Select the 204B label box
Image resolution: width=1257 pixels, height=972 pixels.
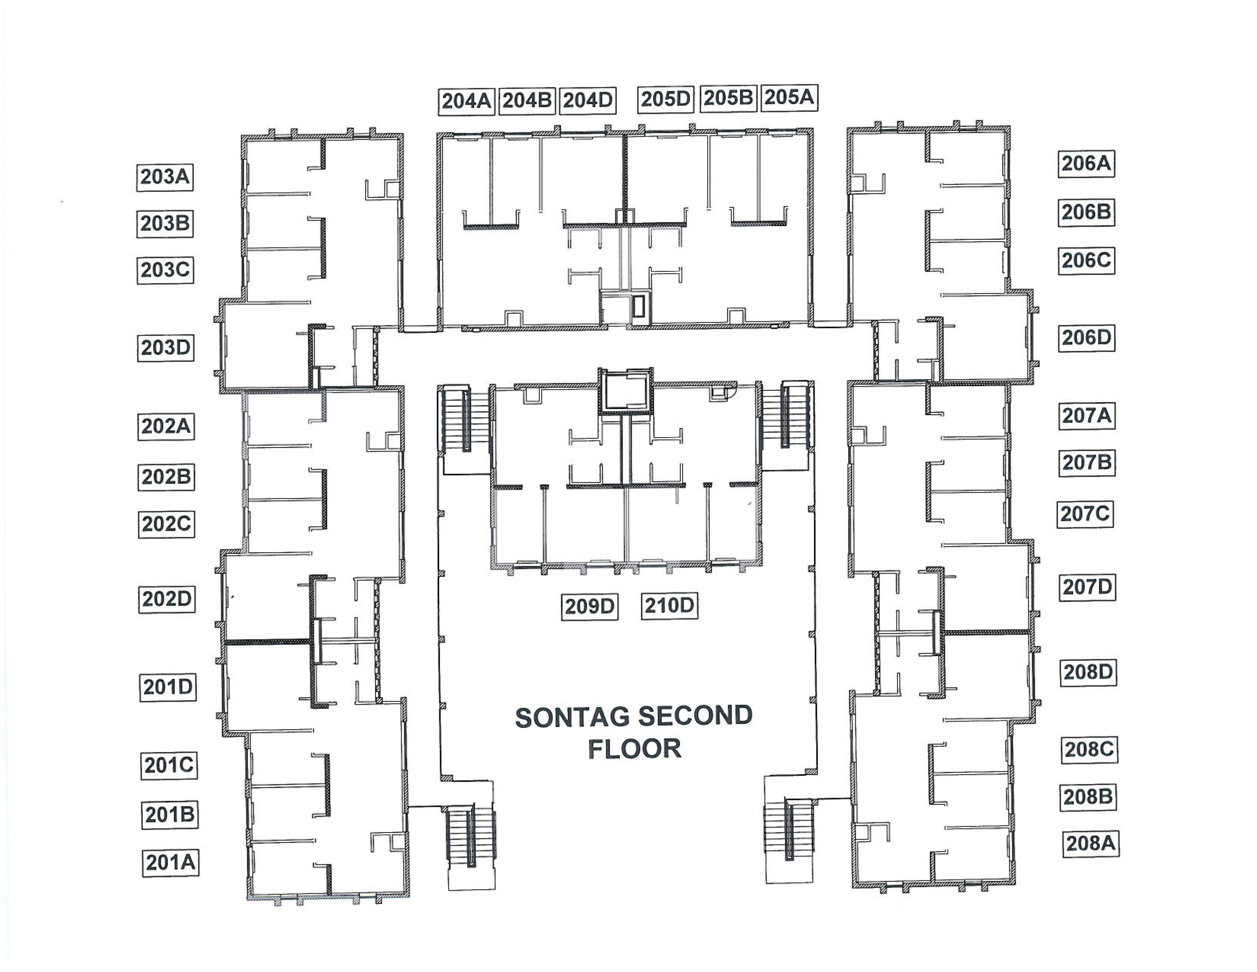point(527,101)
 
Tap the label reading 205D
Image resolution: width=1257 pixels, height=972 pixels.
point(665,99)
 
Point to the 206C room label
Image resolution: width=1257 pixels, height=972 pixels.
point(1086,260)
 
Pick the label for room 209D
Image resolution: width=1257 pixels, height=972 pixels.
point(589,606)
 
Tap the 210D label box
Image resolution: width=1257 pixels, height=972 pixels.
point(669,606)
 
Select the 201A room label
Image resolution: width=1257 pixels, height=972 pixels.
point(170,863)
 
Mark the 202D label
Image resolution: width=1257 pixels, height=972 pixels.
point(166,599)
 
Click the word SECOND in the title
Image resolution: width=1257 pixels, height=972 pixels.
point(695,716)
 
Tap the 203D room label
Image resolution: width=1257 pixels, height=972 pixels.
point(165,348)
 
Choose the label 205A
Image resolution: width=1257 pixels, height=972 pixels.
point(789,97)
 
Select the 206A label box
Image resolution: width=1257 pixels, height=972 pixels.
point(1086,164)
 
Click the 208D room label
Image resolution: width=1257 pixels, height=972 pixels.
point(1088,672)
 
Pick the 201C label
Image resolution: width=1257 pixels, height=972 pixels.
point(169,765)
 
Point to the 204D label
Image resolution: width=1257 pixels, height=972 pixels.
point(587,100)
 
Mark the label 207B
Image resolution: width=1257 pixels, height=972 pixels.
point(1087,462)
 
